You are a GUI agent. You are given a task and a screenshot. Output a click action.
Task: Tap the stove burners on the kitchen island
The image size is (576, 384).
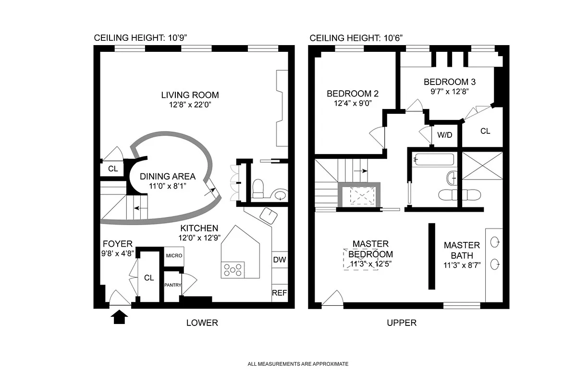pos(233,270)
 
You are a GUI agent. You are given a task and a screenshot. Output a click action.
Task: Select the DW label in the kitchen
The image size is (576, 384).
pos(279,260)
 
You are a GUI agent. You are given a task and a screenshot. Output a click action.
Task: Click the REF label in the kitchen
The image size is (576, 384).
pos(279,292)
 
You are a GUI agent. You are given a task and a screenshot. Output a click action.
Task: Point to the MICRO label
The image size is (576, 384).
pos(174,256)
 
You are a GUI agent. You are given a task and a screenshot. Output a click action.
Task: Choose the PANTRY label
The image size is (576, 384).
pos(172,285)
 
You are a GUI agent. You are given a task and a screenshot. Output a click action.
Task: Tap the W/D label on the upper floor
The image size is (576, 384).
pos(444,135)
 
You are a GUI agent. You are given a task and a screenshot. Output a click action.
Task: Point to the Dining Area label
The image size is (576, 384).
pos(167,176)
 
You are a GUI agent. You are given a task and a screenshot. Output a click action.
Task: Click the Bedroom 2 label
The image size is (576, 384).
pos(349,94)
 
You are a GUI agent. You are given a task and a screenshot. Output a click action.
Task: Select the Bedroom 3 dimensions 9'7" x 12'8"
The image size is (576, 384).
pos(446,90)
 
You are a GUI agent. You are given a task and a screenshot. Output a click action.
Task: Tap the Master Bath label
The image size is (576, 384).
pos(461,250)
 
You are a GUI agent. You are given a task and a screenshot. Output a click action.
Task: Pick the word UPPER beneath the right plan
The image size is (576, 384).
pos(402,323)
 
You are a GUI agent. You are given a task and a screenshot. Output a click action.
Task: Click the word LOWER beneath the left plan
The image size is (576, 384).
pos(202,323)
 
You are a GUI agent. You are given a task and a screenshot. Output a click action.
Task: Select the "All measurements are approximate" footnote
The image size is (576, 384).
pos(298,364)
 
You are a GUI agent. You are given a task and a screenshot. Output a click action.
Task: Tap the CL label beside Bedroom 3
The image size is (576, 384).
pos(485,131)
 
